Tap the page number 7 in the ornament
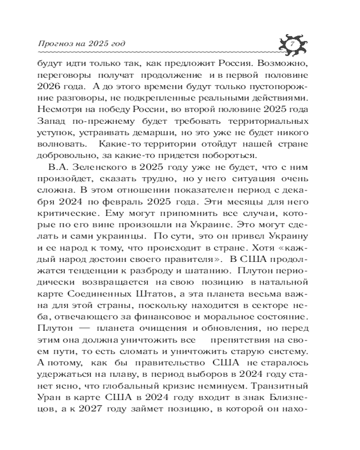coord(293,44)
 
